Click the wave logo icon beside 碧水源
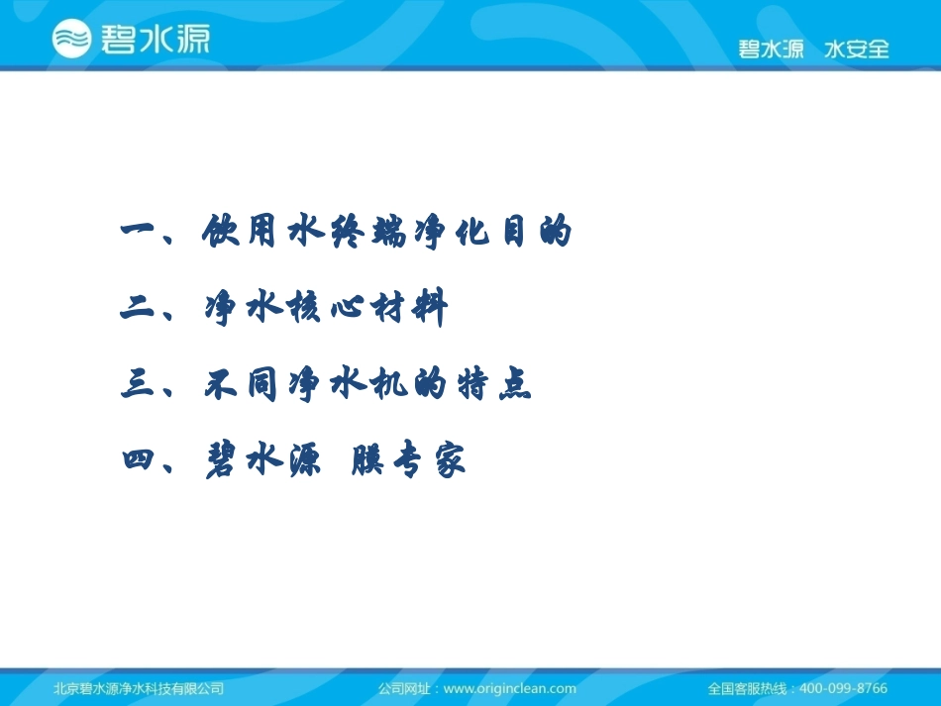pos(71,38)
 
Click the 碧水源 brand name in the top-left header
pos(154,39)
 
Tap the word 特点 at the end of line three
pos(501,385)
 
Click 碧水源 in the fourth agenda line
pos(262,461)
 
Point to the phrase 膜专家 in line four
pos(408,461)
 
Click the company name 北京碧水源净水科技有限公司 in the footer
pos(138,688)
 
